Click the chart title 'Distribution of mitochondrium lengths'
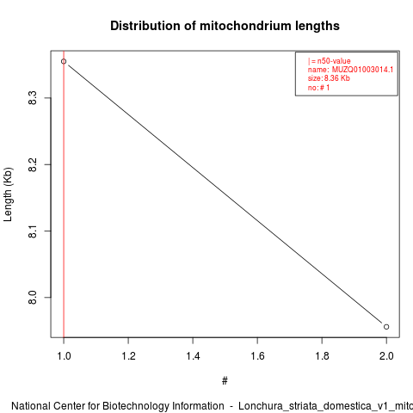coord(225,26)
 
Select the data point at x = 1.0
coord(64,61)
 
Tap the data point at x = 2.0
coord(386,327)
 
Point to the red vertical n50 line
coord(64,194)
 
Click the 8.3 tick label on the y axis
coord(33,98)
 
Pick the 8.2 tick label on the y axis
coord(33,164)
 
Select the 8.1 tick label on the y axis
coord(33,231)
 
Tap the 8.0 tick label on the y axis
coord(33,298)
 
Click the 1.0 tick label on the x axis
coord(64,356)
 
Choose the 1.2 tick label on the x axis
coord(128,356)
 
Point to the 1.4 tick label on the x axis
coord(193,356)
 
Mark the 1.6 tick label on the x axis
coord(257,356)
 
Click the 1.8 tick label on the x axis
coord(322,356)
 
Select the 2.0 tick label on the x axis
coord(386,356)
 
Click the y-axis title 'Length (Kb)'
coord(8,194)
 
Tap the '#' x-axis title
coord(225,381)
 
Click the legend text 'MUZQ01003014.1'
coord(362,70)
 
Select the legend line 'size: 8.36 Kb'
coord(329,78)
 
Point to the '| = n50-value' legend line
coord(329,61)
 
